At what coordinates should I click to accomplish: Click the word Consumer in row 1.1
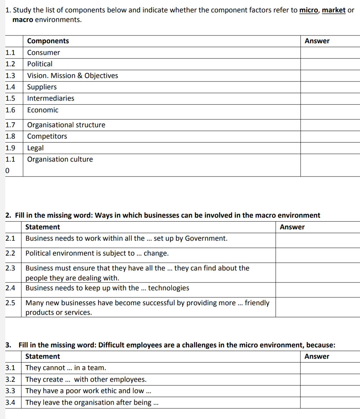click(x=43, y=52)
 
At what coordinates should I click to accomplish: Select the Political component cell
click(x=40, y=64)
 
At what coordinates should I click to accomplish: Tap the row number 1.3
click(x=10, y=76)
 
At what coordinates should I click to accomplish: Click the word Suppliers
click(x=42, y=87)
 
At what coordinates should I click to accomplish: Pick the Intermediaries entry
click(x=51, y=98)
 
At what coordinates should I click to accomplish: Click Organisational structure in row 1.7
click(x=66, y=125)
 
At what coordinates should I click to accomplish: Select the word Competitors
click(x=47, y=136)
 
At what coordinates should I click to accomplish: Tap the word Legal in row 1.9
click(x=35, y=148)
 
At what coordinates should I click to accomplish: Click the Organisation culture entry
click(x=60, y=159)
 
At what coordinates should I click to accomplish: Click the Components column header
click(x=48, y=41)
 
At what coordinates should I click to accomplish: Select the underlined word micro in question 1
click(x=308, y=10)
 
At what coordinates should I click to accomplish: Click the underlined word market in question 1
click(x=333, y=10)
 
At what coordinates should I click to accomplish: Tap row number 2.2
click(x=10, y=253)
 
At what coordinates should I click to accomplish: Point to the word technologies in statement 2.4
click(x=169, y=288)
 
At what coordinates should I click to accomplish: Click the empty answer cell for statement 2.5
click(x=317, y=307)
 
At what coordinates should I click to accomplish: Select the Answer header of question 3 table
click(x=317, y=356)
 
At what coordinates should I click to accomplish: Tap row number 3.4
click(x=10, y=402)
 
